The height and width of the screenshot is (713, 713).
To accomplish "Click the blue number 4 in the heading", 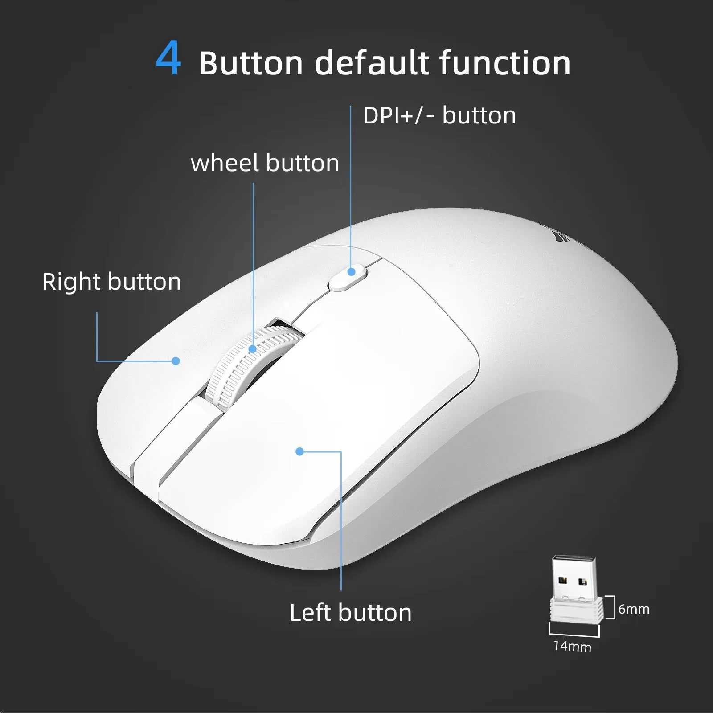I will point(168,59).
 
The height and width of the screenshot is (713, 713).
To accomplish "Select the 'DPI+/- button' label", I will point(439,115).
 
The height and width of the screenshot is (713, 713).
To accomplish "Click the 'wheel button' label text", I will point(265,163).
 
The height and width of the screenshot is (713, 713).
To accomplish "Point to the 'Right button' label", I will point(111,282).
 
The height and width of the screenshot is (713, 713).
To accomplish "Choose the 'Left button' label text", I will point(351,612).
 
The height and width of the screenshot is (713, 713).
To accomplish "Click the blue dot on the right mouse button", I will point(176,361).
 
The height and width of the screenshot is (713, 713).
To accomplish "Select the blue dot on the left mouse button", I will point(299,451).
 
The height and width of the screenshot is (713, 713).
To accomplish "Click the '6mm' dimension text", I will point(634,609).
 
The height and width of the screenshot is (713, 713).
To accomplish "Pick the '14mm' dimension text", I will point(572,646).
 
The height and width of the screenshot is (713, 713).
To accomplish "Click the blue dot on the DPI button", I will point(352,271).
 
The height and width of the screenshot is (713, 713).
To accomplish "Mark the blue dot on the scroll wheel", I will point(253,348).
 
